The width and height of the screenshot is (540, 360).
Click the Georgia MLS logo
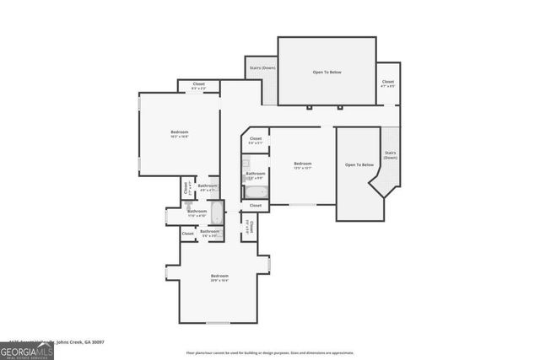(27, 349)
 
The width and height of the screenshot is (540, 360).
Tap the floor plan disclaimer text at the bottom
(270, 352)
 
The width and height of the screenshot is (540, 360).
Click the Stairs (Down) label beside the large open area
(262, 67)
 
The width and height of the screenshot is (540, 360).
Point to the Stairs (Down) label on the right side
(390, 155)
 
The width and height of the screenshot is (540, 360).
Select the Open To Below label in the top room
(327, 73)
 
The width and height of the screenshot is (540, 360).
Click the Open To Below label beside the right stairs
(359, 164)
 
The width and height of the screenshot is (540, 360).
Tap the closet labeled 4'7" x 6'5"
(386, 85)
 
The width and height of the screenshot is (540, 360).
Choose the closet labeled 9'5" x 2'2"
(199, 85)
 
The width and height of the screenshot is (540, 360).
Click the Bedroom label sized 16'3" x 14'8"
(180, 133)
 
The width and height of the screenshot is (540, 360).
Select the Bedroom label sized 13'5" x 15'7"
(303, 164)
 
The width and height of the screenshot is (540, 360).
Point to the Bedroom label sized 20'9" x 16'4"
(219, 277)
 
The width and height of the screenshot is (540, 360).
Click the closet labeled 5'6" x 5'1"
(256, 140)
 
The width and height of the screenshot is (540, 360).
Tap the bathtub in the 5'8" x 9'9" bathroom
(256, 191)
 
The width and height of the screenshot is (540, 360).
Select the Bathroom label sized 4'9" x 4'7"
(208, 187)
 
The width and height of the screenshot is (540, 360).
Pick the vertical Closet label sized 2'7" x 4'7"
(186, 188)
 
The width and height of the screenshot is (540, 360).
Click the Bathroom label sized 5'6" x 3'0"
(210, 232)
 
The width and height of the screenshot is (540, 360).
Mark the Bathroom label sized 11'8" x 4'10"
(197, 212)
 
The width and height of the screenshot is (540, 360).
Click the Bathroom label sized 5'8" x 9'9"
(256, 175)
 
